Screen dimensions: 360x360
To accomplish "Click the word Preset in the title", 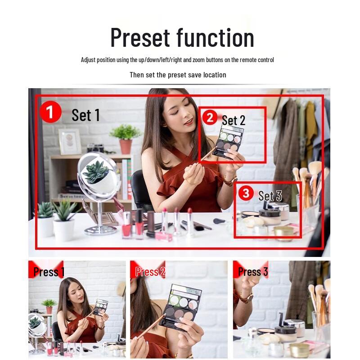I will [x=140, y=38].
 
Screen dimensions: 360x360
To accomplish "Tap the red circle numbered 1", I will [x=50, y=112].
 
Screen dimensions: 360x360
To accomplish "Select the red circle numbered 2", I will [x=210, y=118].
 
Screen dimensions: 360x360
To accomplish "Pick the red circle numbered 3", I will [x=245, y=193].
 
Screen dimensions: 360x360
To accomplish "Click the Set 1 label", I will [x=85, y=115].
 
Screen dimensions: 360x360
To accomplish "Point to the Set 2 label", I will [x=234, y=120].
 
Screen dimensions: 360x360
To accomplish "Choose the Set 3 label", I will [x=270, y=196].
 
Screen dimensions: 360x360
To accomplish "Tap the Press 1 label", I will [x=49, y=272].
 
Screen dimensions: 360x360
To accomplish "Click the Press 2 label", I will [x=150, y=272].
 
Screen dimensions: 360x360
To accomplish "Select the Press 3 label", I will [x=253, y=272].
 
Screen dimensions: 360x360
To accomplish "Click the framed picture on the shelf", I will [x=70, y=142].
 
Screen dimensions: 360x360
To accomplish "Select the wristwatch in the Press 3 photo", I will [x=246, y=297].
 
